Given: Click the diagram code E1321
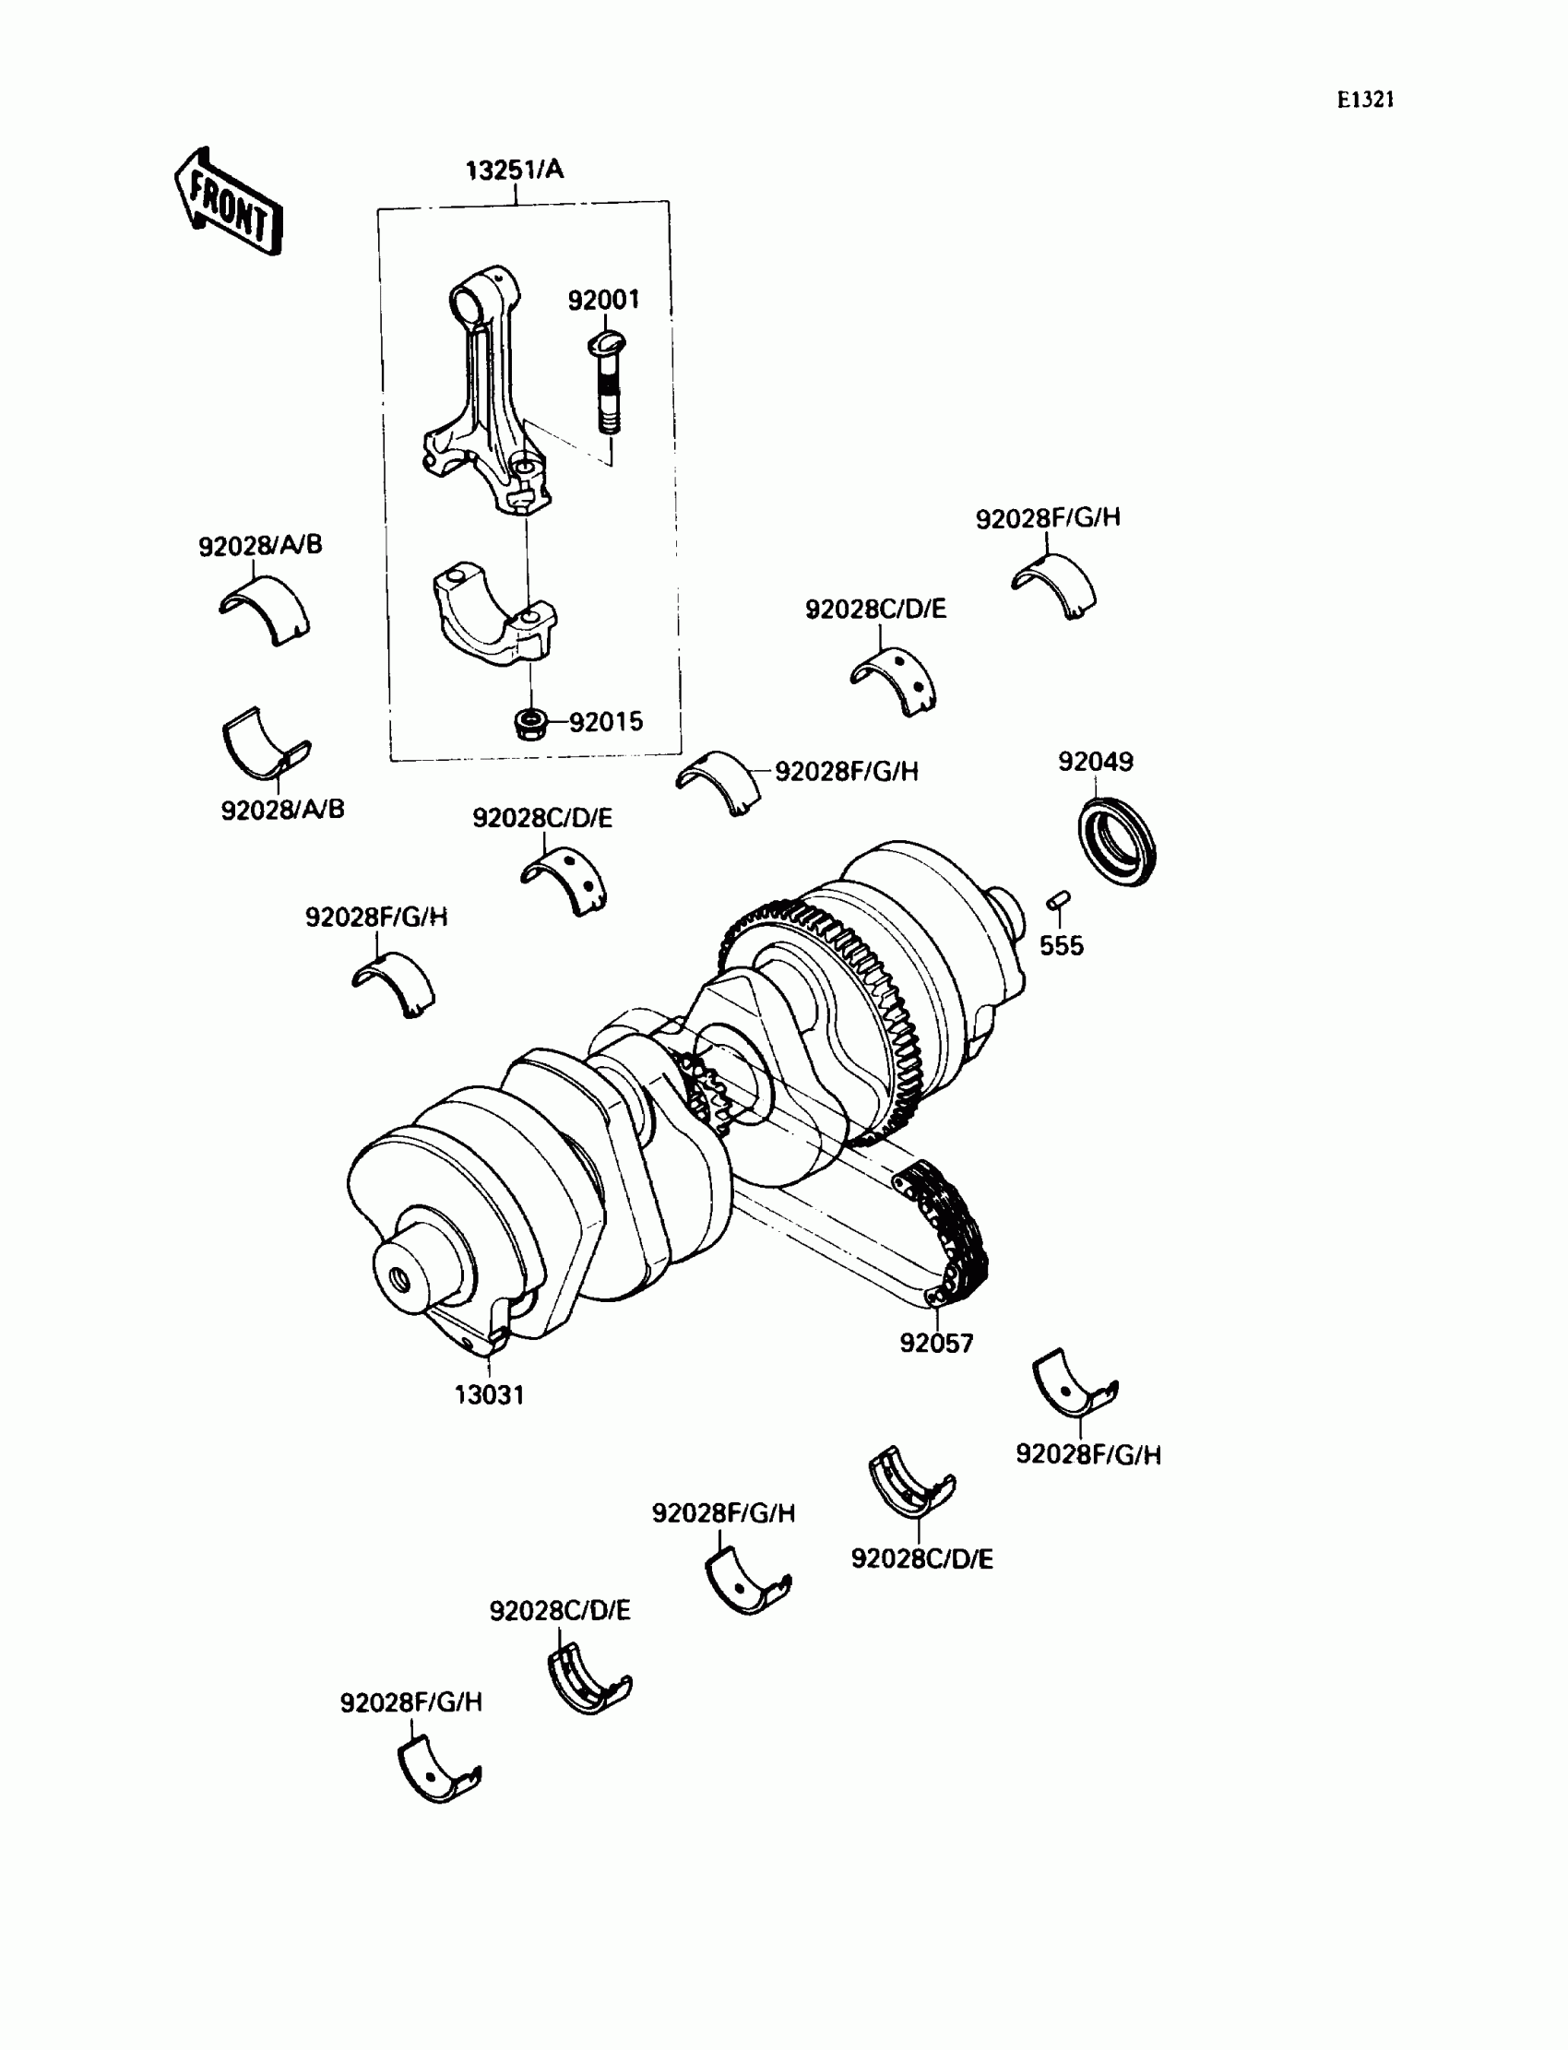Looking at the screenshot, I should coord(1364,100).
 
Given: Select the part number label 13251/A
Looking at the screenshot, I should coord(515,170).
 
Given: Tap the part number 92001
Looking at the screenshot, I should coord(604,300).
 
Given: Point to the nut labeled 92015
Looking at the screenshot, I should coord(530,723).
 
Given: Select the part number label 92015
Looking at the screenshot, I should coord(606,722).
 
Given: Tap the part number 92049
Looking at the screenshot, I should coord(1095,762).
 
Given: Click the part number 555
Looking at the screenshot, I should coord(1062,946).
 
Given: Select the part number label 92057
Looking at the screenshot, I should coord(936,1344).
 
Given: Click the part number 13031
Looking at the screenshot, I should coord(489,1395).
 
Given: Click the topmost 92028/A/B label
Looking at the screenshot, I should coord(260,545).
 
